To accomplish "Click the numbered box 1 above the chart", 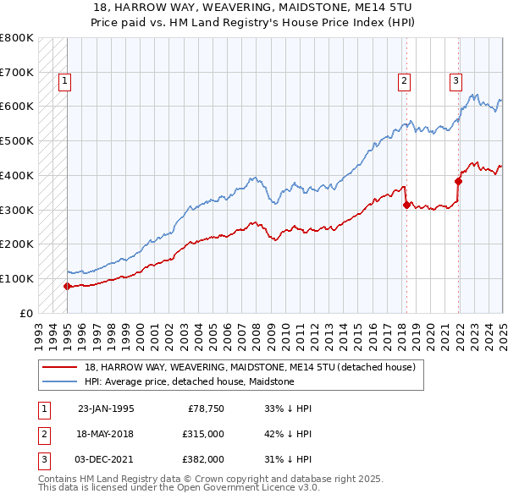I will pyautogui.click(x=65, y=81).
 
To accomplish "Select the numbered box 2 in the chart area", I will pyautogui.click(x=405, y=81).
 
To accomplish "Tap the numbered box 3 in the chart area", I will pyautogui.click(x=456, y=81).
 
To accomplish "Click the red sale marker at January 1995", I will pyautogui.click(x=67, y=286).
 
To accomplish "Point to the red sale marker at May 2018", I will pyautogui.click(x=406, y=204).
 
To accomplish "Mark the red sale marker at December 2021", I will pyautogui.click(x=458, y=181).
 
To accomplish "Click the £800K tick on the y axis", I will pyautogui.click(x=17, y=38).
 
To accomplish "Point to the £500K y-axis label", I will pyautogui.click(x=17, y=141).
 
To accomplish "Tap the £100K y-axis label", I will pyautogui.click(x=17, y=278).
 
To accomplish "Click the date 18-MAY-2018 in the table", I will pyautogui.click(x=106, y=433).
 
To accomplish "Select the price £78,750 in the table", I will pyautogui.click(x=205, y=409).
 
